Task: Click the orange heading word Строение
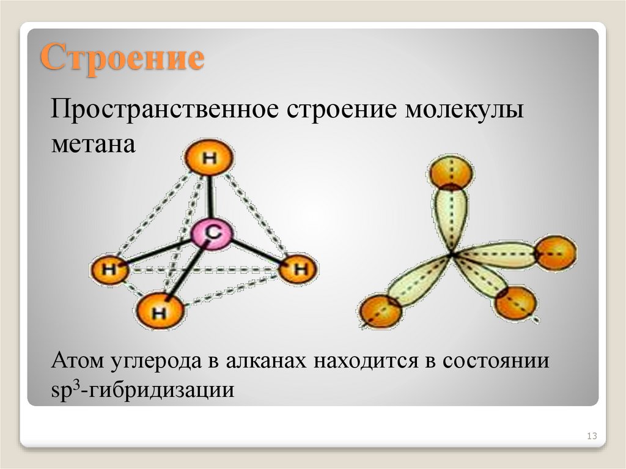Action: pos(122,59)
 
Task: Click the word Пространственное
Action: pos(163,114)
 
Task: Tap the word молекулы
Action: pos(463,114)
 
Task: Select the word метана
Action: pos(92,147)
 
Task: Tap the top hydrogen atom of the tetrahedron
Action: pos(208,159)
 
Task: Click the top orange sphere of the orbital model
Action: pos(451,173)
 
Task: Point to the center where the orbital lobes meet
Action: pos(452,253)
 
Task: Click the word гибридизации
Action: pos(162,388)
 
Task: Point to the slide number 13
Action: pos(591,436)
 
